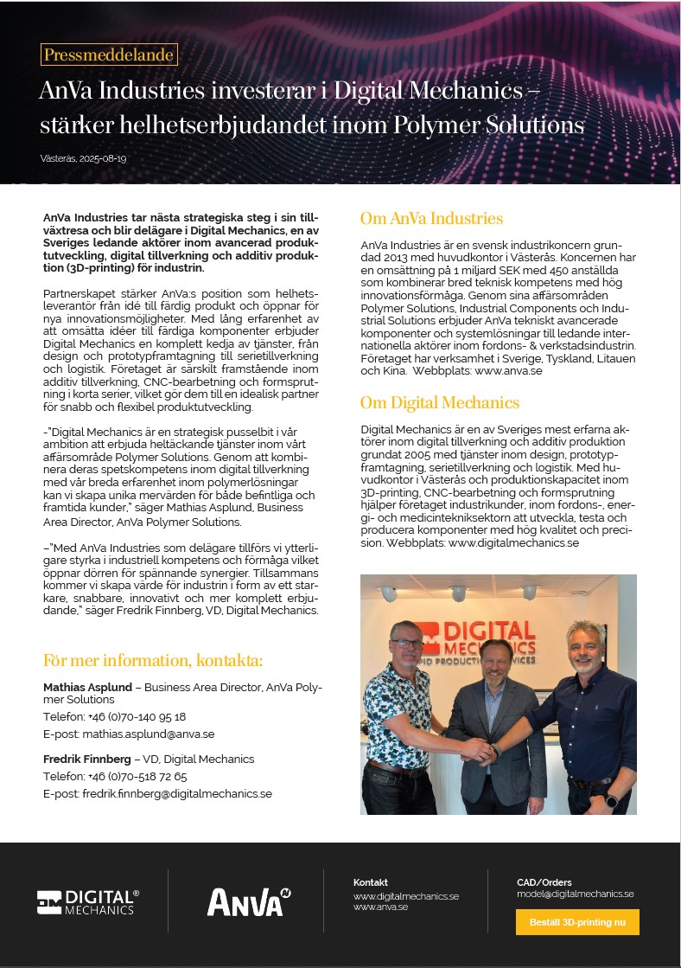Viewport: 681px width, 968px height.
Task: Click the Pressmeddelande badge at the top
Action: tap(108, 55)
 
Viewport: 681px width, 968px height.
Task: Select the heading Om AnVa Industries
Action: tap(431, 218)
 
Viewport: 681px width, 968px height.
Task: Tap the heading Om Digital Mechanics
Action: tap(439, 402)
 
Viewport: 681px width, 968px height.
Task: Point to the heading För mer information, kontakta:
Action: tap(153, 662)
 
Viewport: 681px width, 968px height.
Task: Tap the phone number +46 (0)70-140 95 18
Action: tap(137, 717)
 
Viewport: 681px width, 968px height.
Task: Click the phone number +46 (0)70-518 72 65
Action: tap(137, 776)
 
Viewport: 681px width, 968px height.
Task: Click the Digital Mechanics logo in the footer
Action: tap(87, 901)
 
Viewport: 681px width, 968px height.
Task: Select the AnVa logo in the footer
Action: tap(248, 902)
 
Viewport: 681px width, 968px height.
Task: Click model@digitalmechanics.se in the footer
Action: tap(575, 894)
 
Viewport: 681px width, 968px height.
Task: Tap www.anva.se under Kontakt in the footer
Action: tap(380, 907)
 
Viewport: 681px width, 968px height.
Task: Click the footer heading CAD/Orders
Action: tap(544, 882)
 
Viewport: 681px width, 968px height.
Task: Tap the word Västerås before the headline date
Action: tap(57, 159)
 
